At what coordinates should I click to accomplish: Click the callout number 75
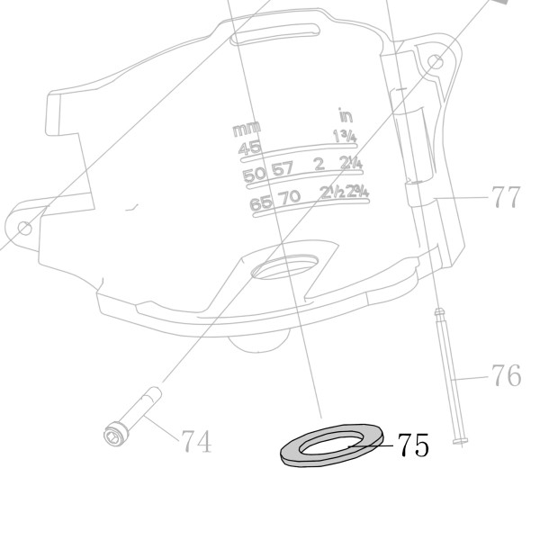[x=413, y=445]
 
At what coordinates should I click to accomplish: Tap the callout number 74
[x=196, y=441]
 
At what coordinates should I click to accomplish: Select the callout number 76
[x=506, y=375]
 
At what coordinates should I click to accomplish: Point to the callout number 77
[x=506, y=197]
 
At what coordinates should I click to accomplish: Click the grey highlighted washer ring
[x=289, y=452]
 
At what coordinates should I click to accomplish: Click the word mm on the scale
[x=247, y=130]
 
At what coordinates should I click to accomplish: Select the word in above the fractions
[x=346, y=116]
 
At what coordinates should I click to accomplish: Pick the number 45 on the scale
[x=249, y=148]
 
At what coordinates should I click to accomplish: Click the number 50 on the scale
[x=255, y=175]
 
